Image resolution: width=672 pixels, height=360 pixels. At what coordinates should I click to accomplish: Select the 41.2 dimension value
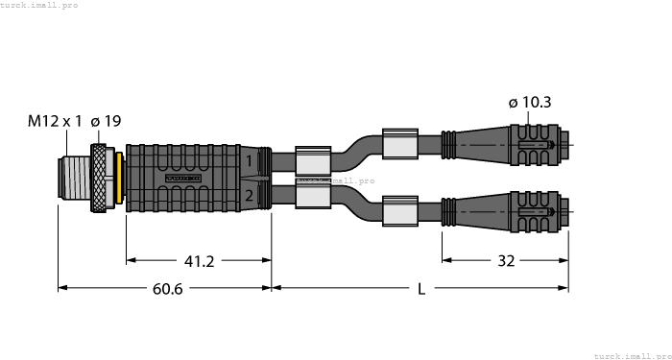coord(199,260)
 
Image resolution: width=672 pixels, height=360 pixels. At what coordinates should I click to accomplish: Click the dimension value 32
coord(506,260)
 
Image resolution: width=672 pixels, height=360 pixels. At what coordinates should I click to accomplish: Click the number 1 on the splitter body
coord(248,161)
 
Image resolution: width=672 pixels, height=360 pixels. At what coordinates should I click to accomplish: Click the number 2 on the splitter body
coord(248,196)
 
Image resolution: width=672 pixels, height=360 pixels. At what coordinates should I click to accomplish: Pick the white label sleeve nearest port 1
coord(313,160)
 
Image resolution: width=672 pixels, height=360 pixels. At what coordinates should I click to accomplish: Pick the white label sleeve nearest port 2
coord(313,196)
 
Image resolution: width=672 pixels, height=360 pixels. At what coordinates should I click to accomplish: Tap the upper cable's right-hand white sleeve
coord(401,144)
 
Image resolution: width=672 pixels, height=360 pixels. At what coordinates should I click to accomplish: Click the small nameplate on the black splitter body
coord(181,179)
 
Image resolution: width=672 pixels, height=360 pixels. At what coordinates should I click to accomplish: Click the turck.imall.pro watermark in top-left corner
coord(39,5)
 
